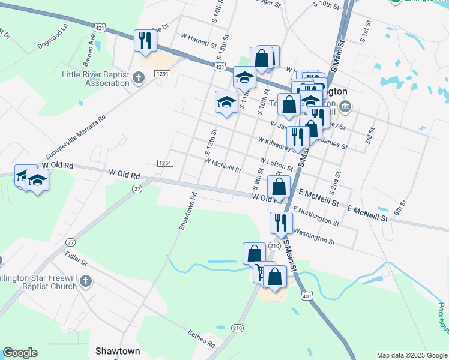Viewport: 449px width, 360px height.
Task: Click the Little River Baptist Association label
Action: point(96,79)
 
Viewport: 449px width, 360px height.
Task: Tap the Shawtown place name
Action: point(118,350)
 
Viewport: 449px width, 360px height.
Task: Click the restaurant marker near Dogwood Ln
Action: point(145,41)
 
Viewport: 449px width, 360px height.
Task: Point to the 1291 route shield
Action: point(163,73)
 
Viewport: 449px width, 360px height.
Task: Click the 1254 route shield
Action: point(166,163)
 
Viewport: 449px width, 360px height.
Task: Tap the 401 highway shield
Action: point(307,296)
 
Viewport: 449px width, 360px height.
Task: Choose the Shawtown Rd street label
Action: point(187,211)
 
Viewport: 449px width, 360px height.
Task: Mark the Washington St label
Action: point(315,237)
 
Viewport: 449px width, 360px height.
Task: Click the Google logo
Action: point(20,353)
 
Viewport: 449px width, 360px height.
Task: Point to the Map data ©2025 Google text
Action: point(411,355)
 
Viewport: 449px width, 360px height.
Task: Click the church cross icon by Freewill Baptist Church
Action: point(86,281)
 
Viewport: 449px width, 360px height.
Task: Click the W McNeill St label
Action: point(223,165)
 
